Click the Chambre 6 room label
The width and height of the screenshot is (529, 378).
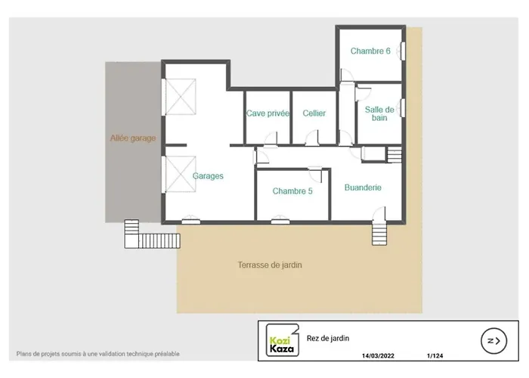(370, 51)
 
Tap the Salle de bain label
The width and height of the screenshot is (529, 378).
(379, 113)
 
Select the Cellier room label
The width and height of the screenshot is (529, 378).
(314, 113)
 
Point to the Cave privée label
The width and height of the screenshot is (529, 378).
(268, 113)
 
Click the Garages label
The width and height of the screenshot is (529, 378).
(208, 176)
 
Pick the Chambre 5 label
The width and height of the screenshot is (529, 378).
(292, 191)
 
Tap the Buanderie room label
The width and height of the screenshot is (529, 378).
(363, 187)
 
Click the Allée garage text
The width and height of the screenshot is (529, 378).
(133, 138)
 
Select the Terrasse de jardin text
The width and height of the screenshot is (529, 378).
(270, 265)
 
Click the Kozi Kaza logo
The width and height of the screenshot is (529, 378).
(283, 340)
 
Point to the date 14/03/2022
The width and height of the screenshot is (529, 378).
(378, 356)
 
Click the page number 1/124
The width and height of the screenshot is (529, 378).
(435, 356)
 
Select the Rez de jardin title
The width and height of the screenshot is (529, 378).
(328, 338)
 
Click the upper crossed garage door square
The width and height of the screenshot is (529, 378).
(181, 97)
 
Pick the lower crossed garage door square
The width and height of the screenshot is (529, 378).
(181, 174)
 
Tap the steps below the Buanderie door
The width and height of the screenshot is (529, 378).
(379, 234)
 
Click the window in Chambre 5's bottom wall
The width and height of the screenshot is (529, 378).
(280, 222)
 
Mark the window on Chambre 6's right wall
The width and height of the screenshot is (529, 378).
(403, 51)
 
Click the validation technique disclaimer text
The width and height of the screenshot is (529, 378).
(97, 354)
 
